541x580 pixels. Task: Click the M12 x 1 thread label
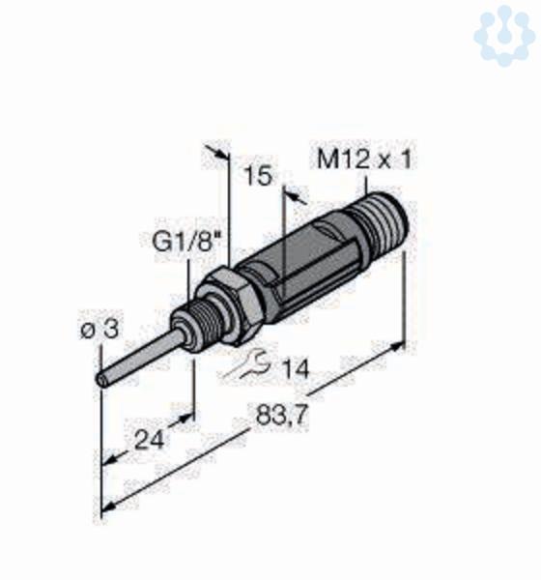point(364,159)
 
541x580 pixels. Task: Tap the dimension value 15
point(259,176)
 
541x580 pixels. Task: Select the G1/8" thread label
point(185,243)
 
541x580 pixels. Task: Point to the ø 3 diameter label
point(100,330)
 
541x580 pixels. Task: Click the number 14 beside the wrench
point(295,369)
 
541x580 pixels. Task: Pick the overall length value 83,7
point(282,415)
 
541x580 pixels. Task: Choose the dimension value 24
point(149,440)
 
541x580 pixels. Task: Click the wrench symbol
point(248,364)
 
